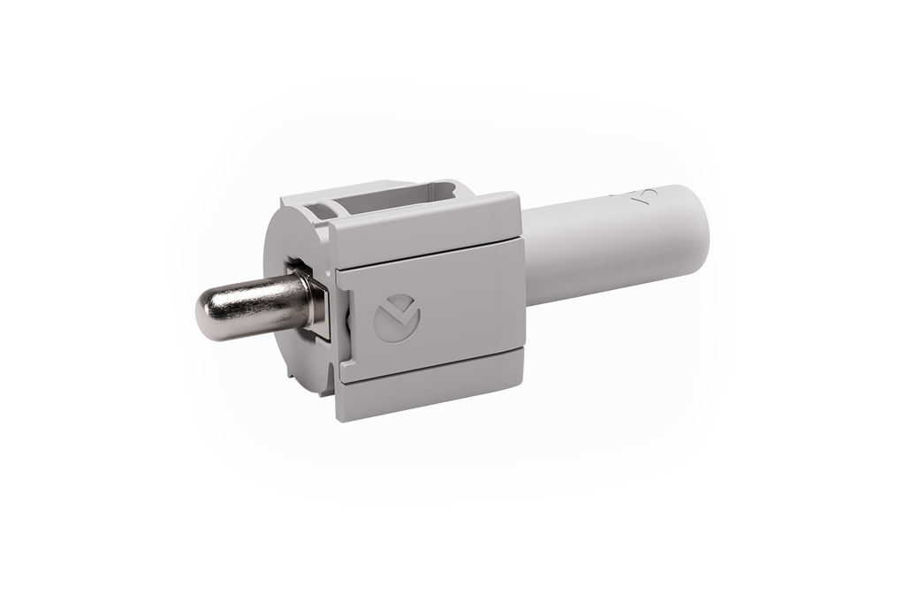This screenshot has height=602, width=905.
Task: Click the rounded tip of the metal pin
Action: click(205, 316)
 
